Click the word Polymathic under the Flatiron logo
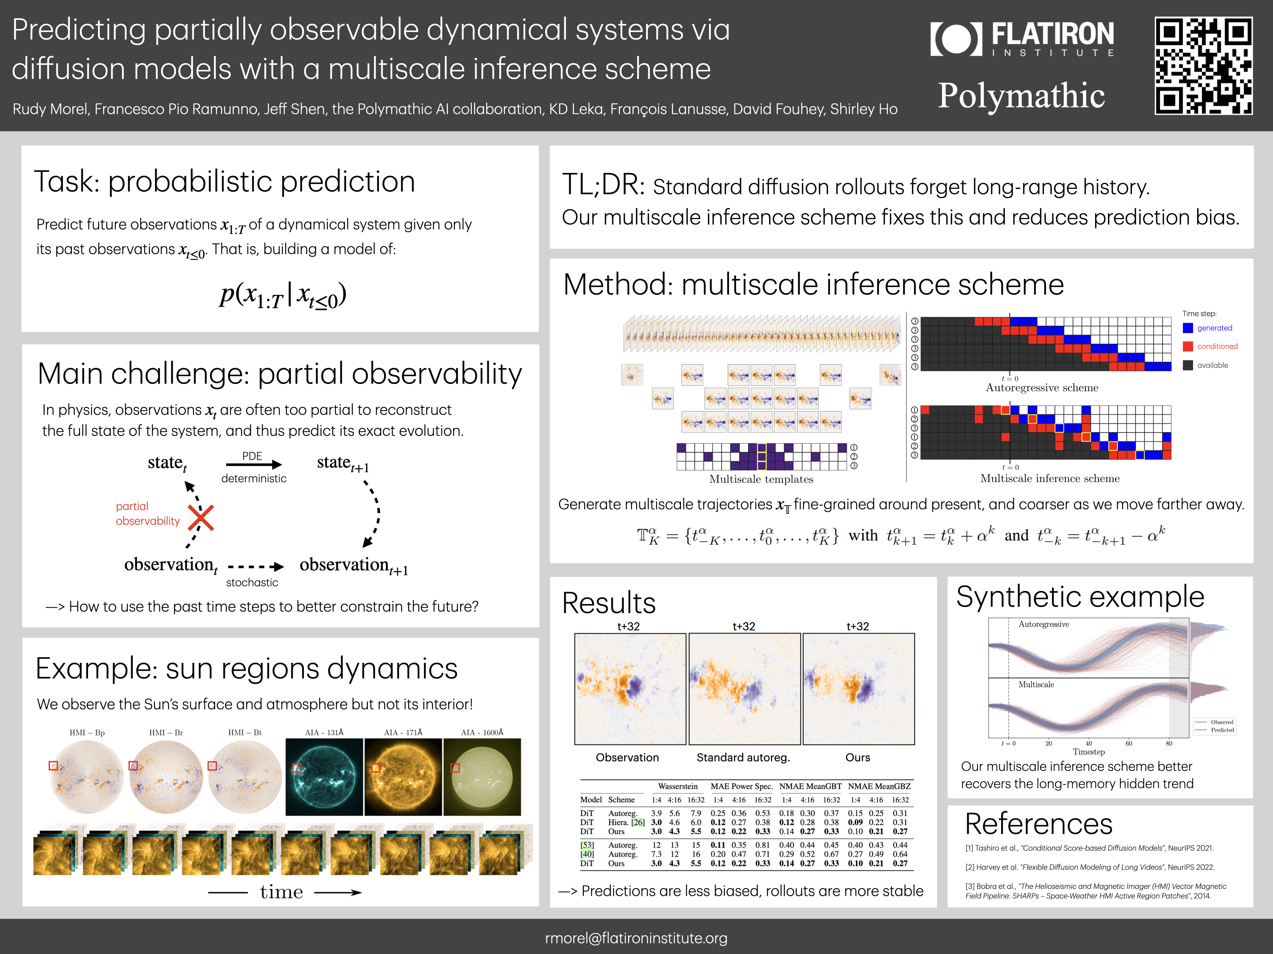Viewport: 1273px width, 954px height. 1021,95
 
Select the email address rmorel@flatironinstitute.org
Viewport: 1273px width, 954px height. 636,938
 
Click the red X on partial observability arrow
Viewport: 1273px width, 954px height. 201,517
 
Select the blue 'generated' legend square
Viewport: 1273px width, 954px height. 1188,328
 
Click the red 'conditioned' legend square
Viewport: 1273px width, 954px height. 1188,347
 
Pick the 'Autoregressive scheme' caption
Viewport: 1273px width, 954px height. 1042,388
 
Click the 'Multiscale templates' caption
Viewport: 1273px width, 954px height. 761,479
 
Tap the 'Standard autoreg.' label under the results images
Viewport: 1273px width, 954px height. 743,757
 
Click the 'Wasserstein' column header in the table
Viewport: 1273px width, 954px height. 677,786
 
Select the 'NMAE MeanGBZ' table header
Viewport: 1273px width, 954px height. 879,786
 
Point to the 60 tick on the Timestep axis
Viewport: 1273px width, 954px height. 1129,743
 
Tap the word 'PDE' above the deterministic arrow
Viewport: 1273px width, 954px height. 252,456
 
